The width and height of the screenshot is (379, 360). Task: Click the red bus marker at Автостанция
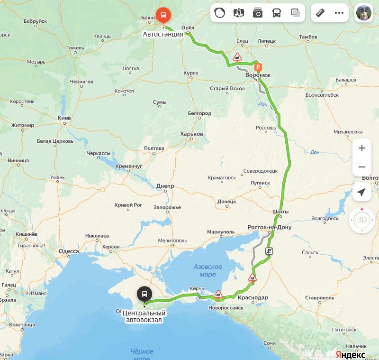tap(163, 15)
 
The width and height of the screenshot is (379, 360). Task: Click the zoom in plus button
tap(362, 148)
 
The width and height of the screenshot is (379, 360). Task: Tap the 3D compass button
tap(362, 220)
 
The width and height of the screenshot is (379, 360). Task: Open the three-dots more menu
tap(339, 13)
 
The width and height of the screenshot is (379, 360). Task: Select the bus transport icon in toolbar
tap(277, 13)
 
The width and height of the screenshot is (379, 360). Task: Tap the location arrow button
tap(362, 192)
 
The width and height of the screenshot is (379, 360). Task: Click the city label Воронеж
tap(258, 75)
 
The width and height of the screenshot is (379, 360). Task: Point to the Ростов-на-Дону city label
tap(270, 228)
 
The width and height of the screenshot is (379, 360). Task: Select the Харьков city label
tap(191, 134)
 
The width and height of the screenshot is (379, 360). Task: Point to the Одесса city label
tap(69, 251)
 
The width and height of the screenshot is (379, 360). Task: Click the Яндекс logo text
tap(350, 354)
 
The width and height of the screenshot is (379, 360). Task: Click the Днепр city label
tap(165, 186)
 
